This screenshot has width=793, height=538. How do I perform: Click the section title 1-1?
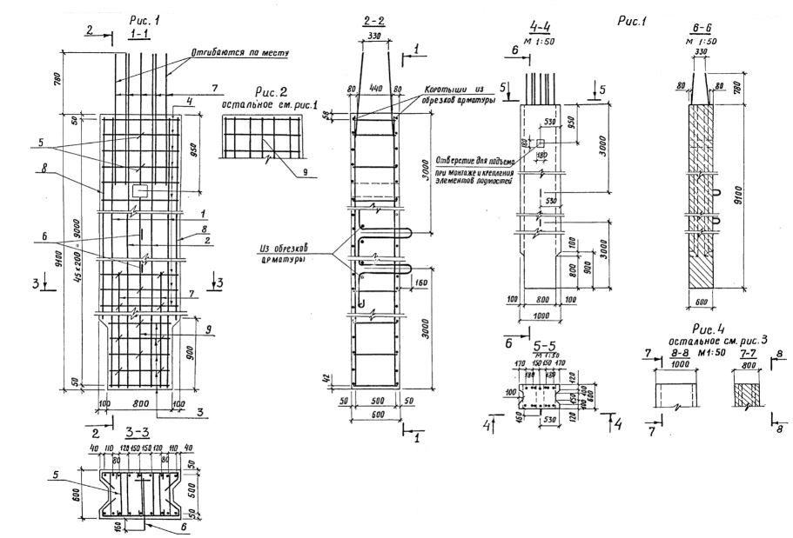(138, 32)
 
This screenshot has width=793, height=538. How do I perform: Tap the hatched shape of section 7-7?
(743, 388)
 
